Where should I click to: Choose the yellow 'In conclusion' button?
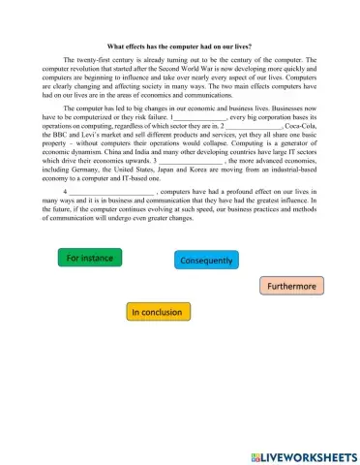click(x=160, y=312)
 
